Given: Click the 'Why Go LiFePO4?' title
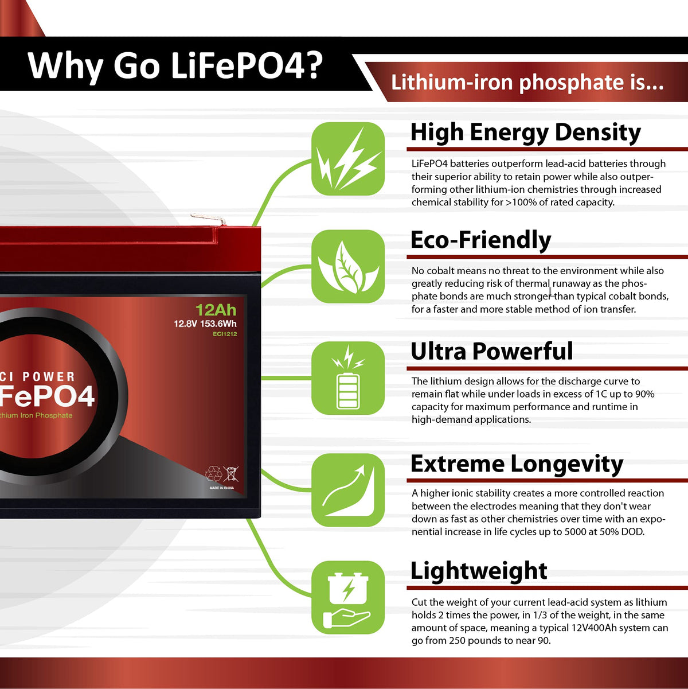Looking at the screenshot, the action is coord(175,65).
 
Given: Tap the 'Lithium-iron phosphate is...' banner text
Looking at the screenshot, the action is coord(527,83).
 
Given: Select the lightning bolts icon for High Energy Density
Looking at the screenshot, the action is coord(348,159).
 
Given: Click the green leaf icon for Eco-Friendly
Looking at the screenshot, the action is coord(348,266).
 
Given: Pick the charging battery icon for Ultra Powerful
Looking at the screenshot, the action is coord(348,378).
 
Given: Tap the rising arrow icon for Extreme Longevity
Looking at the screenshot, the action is coord(348,490).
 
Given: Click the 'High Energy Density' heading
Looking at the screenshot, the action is coord(526,133).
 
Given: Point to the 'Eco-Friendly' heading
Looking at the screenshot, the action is coord(480,240).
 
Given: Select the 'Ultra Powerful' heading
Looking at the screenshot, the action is coord(492,351).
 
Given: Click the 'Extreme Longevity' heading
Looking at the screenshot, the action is coord(517,464).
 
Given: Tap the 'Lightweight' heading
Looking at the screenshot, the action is coord(479,571).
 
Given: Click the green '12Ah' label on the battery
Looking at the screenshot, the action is coord(216,310).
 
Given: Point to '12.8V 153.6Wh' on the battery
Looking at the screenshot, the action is coord(205,324).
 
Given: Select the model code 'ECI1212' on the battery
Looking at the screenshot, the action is coord(225,334).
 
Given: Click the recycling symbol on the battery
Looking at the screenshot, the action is coord(213,473).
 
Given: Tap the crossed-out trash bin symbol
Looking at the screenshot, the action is coord(230,473).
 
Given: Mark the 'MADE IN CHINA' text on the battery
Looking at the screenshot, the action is coord(221,488).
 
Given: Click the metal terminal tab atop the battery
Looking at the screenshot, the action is coord(208,219).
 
